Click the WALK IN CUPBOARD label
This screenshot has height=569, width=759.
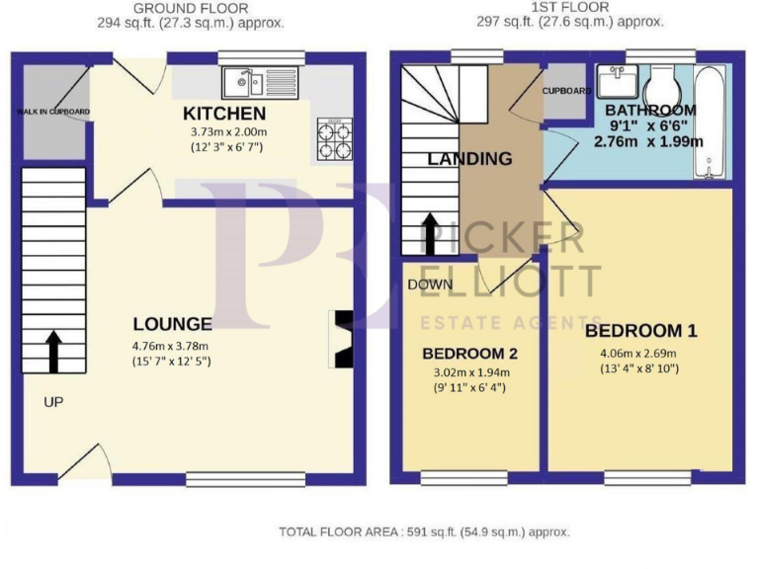pyautogui.click(x=52, y=112)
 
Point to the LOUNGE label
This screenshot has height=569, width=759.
pyautogui.click(x=172, y=324)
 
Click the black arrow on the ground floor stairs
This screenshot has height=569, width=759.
pyautogui.click(x=52, y=347)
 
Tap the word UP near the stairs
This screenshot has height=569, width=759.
pyautogui.click(x=52, y=402)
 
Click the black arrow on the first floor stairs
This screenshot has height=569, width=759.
pyautogui.click(x=431, y=233)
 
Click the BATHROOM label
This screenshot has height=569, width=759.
pyautogui.click(x=650, y=110)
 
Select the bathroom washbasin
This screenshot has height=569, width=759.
pyautogui.click(x=617, y=78)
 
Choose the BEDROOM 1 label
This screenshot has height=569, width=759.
pyautogui.click(x=640, y=331)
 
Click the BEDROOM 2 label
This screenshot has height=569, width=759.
pyautogui.click(x=469, y=354)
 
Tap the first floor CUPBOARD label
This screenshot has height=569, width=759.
pyautogui.click(x=566, y=91)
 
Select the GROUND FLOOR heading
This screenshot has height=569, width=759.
pyautogui.click(x=191, y=8)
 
